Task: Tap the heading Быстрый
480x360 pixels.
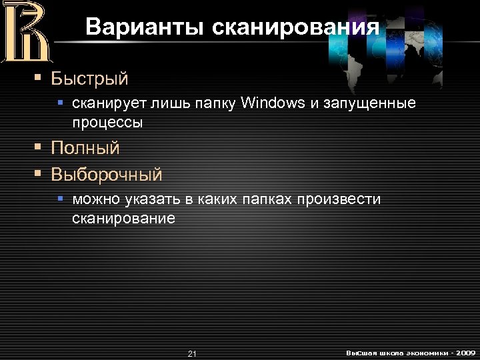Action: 89,79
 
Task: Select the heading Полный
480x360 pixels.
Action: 85,148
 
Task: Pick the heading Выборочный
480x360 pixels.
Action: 107,175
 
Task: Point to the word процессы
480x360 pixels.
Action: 107,123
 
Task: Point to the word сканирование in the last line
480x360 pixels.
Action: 123,218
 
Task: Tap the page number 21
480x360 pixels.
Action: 192,353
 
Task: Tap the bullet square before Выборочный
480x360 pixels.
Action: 39,175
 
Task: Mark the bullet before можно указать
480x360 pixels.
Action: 60,199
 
